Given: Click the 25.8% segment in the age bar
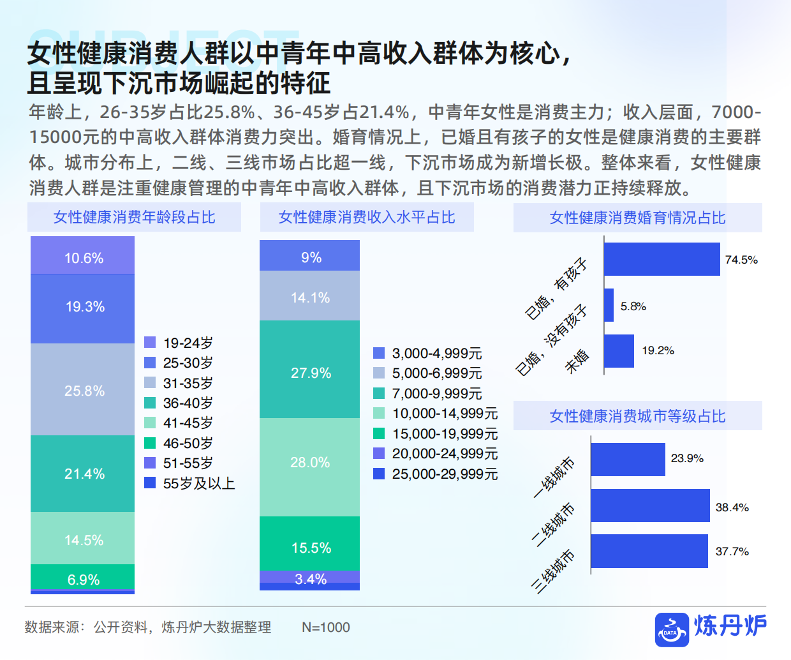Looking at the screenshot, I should pyautogui.click(x=83, y=390).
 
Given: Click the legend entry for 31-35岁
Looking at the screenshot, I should pyautogui.click(x=179, y=383).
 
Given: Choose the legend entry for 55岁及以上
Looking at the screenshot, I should pyautogui.click(x=189, y=483).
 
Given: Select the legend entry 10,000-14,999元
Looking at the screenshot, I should pyautogui.click(x=436, y=414).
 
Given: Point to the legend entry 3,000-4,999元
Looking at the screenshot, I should pyautogui.click(x=428, y=353).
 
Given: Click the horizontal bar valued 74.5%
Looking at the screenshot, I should pyautogui.click(x=662, y=259).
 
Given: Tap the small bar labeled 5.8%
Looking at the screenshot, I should pyautogui.click(x=609, y=305).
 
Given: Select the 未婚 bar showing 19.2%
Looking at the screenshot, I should pyautogui.click(x=619, y=351).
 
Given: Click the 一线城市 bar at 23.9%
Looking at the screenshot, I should pyautogui.click(x=628, y=459).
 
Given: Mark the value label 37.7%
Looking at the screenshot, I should pyautogui.click(x=732, y=551).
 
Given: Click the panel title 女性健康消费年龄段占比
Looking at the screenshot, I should pyautogui.click(x=134, y=218).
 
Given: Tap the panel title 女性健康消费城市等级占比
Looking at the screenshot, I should pyautogui.click(x=637, y=416).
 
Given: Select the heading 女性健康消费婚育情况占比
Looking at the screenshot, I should pyautogui.click(x=637, y=218).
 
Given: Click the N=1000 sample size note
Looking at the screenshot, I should pyautogui.click(x=325, y=627).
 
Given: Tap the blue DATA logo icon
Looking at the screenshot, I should pyautogui.click(x=672, y=629).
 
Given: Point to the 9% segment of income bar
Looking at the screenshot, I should pyautogui.click(x=309, y=256).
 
